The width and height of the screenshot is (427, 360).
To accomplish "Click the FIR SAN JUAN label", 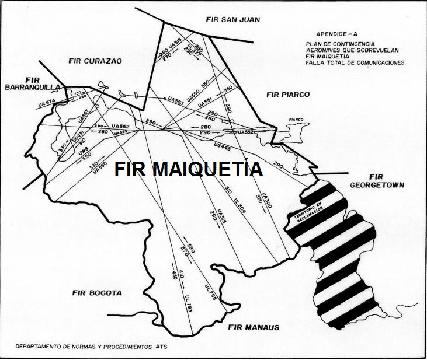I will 232,19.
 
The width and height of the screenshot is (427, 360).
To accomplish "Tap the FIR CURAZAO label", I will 95,60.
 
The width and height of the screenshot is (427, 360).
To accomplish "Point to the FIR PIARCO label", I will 287,94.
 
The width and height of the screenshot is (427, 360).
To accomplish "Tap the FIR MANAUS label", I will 254,327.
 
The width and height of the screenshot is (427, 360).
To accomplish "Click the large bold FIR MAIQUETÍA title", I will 188,169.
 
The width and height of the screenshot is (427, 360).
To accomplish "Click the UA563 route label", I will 175,102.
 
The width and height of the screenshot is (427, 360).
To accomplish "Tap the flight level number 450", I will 174,274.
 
